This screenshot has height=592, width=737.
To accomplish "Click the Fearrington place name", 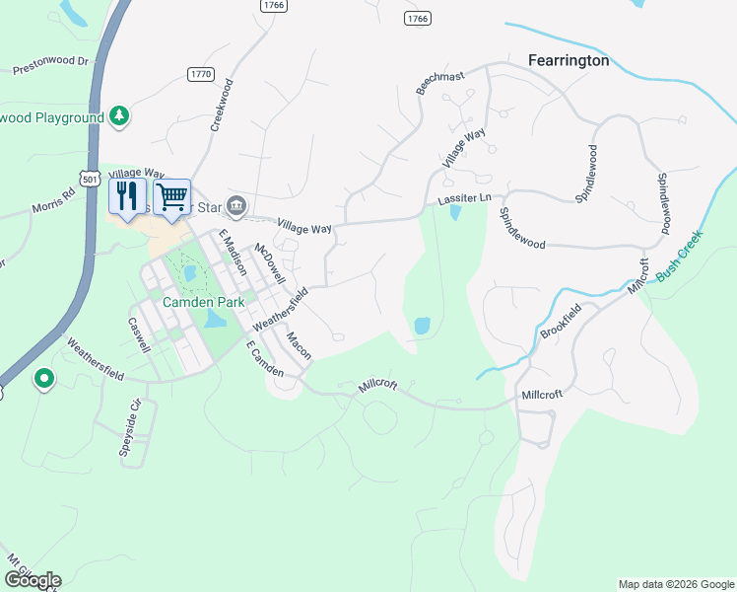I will tap(569, 60).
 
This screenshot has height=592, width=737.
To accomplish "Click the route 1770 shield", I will tap(201, 74).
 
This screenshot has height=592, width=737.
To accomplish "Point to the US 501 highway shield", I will tap(91, 179).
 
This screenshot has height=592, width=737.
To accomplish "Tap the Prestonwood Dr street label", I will tap(51, 65).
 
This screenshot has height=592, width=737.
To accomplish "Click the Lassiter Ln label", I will tap(464, 199).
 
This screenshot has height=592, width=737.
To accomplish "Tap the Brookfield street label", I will tap(561, 321).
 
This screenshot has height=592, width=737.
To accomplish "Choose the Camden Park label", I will tap(203, 302).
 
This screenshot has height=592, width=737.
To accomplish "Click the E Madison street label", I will tap(233, 253).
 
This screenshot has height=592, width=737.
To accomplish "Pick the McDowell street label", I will tap(270, 263).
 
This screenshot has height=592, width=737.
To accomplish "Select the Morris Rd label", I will tap(53, 202).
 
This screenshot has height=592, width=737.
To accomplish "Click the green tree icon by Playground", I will tap(119, 116).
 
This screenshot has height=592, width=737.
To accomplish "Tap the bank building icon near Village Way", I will tap(236, 205).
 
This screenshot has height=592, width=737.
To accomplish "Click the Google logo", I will tap(33, 580).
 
